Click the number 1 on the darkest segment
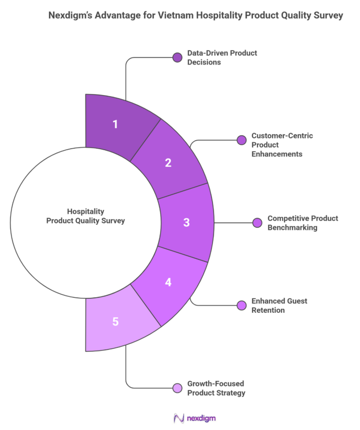pos(115,123)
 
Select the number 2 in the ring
pos(168,162)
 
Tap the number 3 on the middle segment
pos(186,222)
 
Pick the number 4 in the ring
pos(168,282)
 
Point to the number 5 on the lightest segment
pos(115,321)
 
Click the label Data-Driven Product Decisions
pos(222,58)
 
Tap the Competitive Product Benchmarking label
pos(302,223)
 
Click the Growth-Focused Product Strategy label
pos(216,388)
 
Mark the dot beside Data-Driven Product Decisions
pos(177,57)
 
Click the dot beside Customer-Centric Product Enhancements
pos(241,140)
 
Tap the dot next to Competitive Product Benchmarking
pos(257,223)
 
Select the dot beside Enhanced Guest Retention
pos(241,305)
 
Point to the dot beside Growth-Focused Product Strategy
pos(177,388)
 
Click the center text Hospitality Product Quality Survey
pos(85,216)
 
